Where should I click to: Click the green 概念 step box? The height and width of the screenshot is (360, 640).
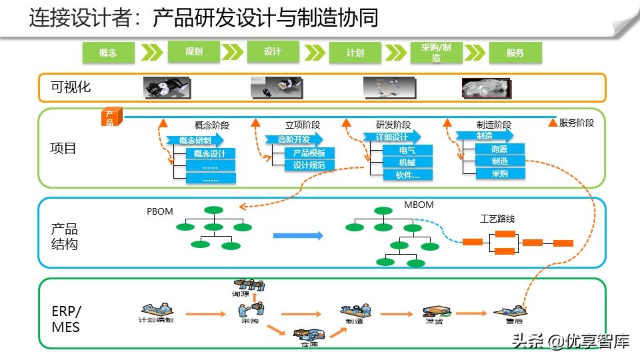click(x=108, y=53)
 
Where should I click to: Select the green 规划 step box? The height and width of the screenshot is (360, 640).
click(x=194, y=51)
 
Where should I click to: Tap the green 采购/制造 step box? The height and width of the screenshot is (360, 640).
click(x=436, y=53)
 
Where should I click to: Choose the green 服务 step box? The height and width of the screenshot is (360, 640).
click(x=515, y=53)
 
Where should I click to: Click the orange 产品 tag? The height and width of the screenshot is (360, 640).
click(x=110, y=118)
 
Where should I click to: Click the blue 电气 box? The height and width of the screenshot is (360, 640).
click(x=407, y=150)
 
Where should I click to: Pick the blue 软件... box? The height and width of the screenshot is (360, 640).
click(x=407, y=175)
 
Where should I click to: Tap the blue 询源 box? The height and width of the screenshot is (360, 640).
click(x=500, y=149)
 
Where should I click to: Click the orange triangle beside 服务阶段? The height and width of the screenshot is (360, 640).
click(x=552, y=123)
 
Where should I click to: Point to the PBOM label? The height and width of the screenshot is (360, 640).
click(x=160, y=211)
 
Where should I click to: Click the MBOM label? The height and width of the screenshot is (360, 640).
click(x=419, y=205)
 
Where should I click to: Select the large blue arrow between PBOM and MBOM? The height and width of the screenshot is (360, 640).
click(x=298, y=235)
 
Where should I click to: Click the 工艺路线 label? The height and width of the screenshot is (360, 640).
click(x=497, y=219)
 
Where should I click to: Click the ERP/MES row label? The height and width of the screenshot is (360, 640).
click(x=65, y=319)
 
